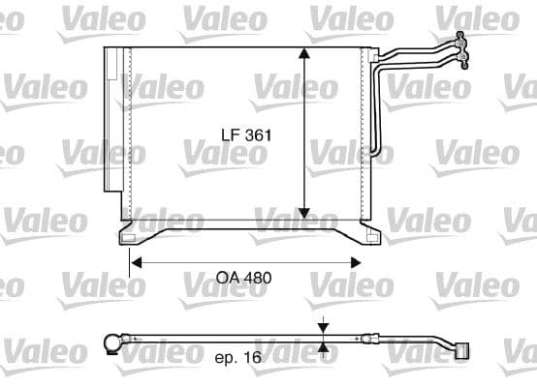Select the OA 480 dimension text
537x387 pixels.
pyautogui.click(x=242, y=278)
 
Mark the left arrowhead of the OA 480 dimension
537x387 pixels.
pyautogui.click(x=137, y=260)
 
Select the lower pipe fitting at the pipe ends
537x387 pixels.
pyautogui.click(x=464, y=60)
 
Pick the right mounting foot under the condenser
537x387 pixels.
pyautogui.click(x=370, y=234)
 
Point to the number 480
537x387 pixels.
pyautogui.click(x=257, y=278)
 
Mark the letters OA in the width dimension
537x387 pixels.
pyautogui.click(x=227, y=278)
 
